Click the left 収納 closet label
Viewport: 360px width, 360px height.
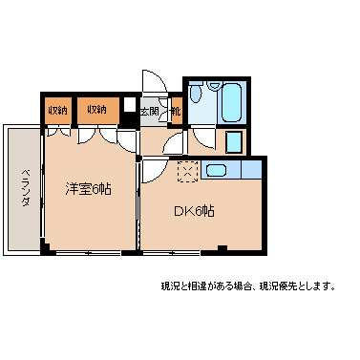57,110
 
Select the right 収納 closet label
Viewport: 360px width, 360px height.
97,110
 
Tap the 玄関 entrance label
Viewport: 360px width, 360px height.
150,112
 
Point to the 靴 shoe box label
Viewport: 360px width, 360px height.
175,112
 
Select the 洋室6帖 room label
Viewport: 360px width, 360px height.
88,188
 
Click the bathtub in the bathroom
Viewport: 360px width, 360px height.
233,103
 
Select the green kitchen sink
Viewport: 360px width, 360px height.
216,172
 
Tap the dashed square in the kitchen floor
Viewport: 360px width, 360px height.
187,171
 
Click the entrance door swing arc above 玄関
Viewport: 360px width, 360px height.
151,81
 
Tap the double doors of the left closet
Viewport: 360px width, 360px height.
57,133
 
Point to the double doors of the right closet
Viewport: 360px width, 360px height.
98,133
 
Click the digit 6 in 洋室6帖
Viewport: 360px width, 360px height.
95,188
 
